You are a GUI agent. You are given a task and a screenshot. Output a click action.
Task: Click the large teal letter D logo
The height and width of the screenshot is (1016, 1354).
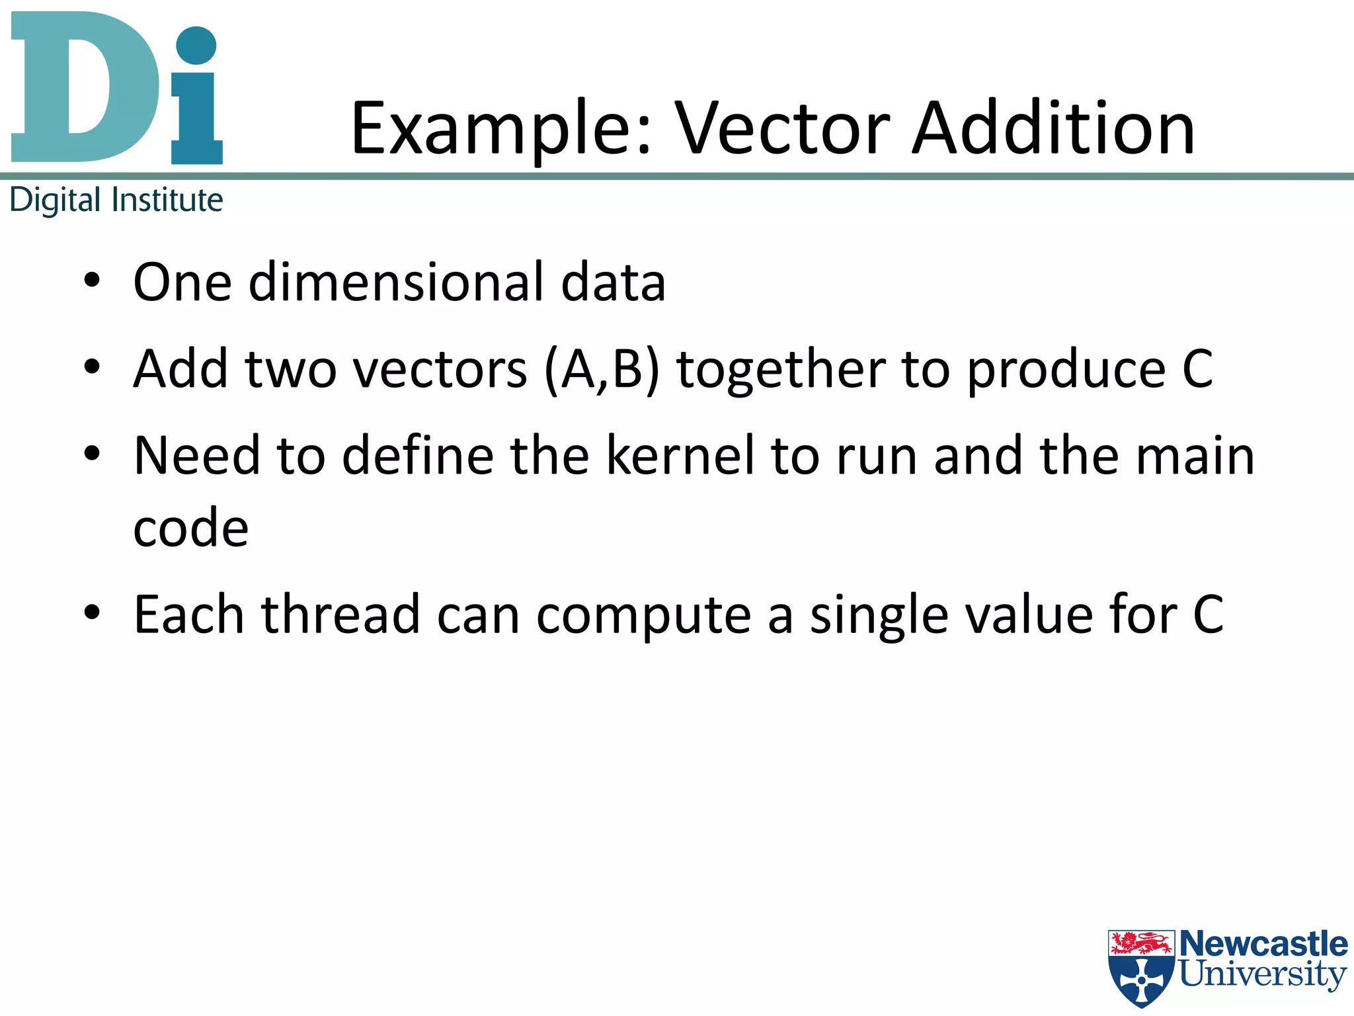click(x=85, y=87)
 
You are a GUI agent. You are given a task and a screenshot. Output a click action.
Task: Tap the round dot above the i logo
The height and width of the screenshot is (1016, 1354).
click(x=196, y=46)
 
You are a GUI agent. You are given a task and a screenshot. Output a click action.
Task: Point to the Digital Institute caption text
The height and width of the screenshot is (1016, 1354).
click(x=116, y=200)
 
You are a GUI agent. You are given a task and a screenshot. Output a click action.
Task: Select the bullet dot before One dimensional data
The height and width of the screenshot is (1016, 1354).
click(x=92, y=281)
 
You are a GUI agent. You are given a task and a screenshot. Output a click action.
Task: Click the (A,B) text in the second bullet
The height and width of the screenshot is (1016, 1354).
click(x=602, y=369)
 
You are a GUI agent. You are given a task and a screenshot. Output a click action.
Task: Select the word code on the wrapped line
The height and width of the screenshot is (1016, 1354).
click(x=190, y=529)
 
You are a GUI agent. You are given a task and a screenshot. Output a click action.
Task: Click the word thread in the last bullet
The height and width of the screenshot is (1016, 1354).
click(x=340, y=614)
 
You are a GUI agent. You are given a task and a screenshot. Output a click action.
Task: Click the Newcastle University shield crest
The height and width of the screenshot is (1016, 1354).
click(x=1142, y=966)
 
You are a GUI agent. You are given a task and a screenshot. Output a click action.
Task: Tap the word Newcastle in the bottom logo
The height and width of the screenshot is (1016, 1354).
click(x=1263, y=944)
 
